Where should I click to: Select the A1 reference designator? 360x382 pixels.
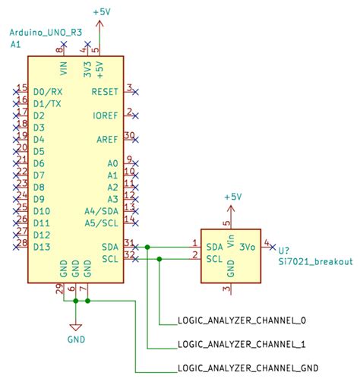pos(15,46)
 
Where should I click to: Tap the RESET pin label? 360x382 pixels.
pos(104,91)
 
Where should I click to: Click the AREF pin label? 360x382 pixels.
pos(107,140)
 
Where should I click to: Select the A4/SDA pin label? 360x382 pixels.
pos(102,211)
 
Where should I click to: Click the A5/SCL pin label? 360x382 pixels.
pos(102,223)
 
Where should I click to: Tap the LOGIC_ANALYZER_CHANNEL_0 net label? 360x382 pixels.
pos(241,320)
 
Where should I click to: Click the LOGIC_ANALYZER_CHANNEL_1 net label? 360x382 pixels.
pos(241,344)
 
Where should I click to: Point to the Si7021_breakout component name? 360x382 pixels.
pos(315,261)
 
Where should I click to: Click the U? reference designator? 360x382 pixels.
pos(284,250)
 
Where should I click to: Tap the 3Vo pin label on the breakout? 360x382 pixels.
pos(247,247)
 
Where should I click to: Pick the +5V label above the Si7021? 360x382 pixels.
pos(232,197)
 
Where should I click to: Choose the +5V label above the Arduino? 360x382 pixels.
pos(100,13)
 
